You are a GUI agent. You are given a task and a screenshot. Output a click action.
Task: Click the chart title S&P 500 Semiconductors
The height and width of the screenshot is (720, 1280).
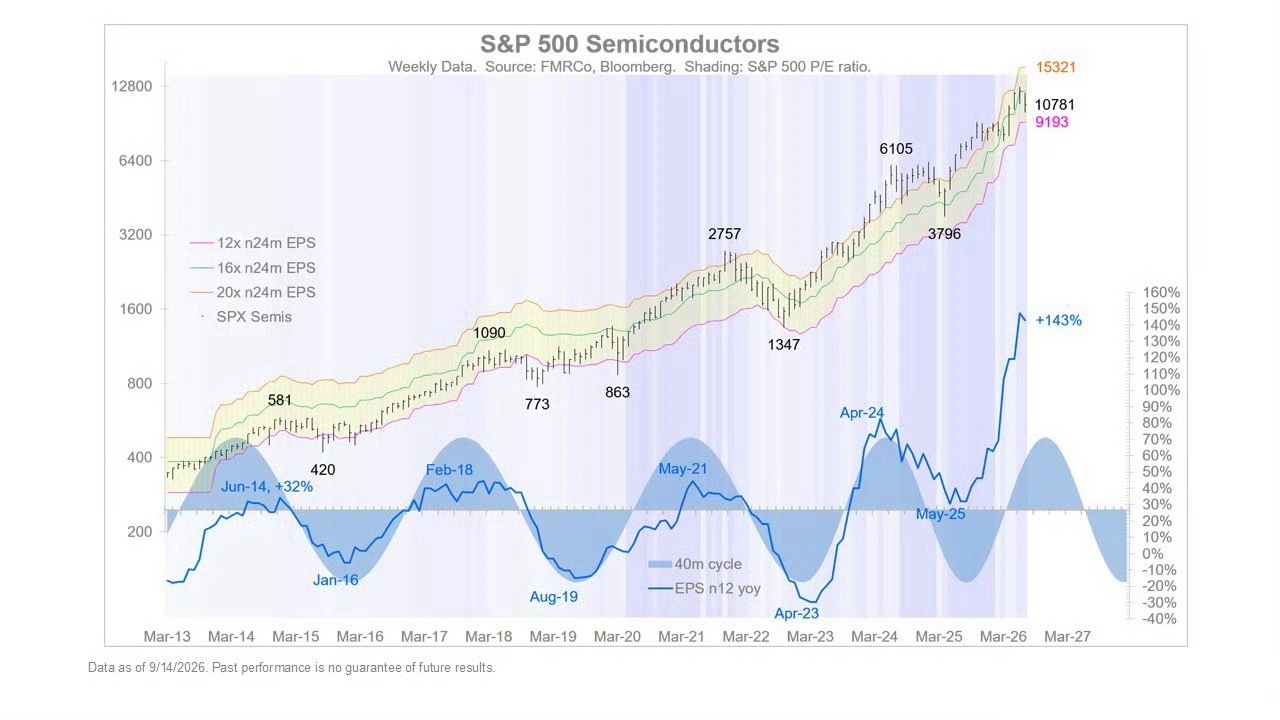pyautogui.click(x=629, y=44)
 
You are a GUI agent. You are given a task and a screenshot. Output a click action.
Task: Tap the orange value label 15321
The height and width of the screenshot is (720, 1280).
pyautogui.click(x=1055, y=67)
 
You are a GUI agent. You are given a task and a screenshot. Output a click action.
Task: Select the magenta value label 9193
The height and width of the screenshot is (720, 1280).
pyautogui.click(x=1051, y=122)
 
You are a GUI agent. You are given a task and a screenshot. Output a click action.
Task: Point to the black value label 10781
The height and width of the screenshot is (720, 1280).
pyautogui.click(x=1054, y=105)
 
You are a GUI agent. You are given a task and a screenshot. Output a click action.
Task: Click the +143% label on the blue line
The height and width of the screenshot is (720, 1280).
pyautogui.click(x=1058, y=321)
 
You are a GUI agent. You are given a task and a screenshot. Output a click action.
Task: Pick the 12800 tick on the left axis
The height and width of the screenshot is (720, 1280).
pyautogui.click(x=131, y=86)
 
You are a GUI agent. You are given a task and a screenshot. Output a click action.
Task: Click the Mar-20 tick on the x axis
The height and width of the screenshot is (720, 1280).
pyautogui.click(x=617, y=637)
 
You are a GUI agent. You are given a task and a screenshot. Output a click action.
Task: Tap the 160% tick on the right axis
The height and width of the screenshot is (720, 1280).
pyautogui.click(x=1161, y=293)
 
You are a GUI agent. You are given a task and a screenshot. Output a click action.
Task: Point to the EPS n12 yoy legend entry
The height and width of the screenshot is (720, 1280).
pyautogui.click(x=705, y=589)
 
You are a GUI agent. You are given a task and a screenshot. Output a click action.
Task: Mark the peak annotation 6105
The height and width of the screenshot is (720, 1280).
pyautogui.click(x=896, y=149)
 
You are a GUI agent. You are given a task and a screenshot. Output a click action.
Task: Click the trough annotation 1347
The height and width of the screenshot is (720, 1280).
pyautogui.click(x=783, y=345)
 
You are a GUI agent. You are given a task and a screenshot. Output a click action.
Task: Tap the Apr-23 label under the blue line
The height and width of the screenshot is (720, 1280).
pyautogui.click(x=797, y=614)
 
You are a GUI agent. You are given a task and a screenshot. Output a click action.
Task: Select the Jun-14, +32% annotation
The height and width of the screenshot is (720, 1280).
pyautogui.click(x=267, y=487)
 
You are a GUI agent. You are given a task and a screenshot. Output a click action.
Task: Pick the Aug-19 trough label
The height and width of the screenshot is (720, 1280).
pyautogui.click(x=554, y=597)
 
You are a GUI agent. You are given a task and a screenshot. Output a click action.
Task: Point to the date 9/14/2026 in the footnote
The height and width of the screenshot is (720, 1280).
pyautogui.click(x=177, y=667)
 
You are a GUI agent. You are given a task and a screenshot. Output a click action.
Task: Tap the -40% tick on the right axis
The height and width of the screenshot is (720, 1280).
pyautogui.click(x=1159, y=619)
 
